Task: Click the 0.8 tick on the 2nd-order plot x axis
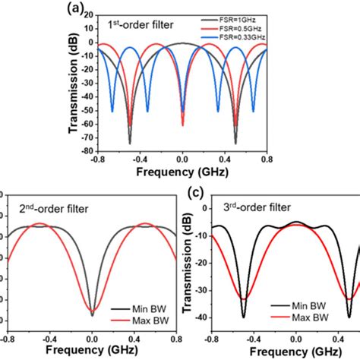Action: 175,341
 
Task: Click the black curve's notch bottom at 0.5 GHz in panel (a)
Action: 235,143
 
